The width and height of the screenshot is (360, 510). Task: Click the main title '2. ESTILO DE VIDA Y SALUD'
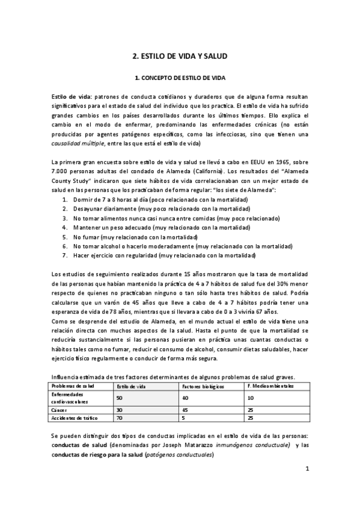180,56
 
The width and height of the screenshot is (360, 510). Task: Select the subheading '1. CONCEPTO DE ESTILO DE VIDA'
180,78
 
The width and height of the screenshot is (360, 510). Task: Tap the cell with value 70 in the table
120,417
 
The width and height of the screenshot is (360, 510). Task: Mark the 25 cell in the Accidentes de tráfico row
251,417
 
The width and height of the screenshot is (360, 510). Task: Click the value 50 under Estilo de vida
120,398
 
